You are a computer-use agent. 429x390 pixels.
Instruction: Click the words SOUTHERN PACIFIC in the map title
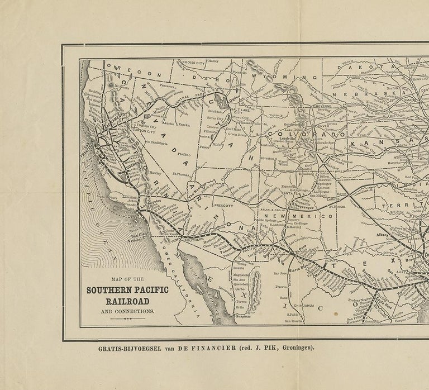128,289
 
